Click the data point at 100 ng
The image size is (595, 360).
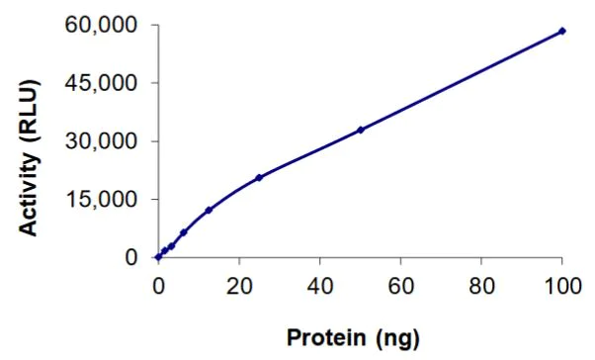[562, 31]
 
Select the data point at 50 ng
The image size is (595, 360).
[361, 130]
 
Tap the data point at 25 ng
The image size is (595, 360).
[259, 178]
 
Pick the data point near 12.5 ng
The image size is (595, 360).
[209, 210]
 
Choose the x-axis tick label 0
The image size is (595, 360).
[158, 287]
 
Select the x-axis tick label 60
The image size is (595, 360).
[400, 287]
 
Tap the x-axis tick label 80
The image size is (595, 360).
[481, 287]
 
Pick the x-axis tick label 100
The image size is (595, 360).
[562, 287]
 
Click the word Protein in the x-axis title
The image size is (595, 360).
[323, 338]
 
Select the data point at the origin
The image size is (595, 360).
[158, 257]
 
